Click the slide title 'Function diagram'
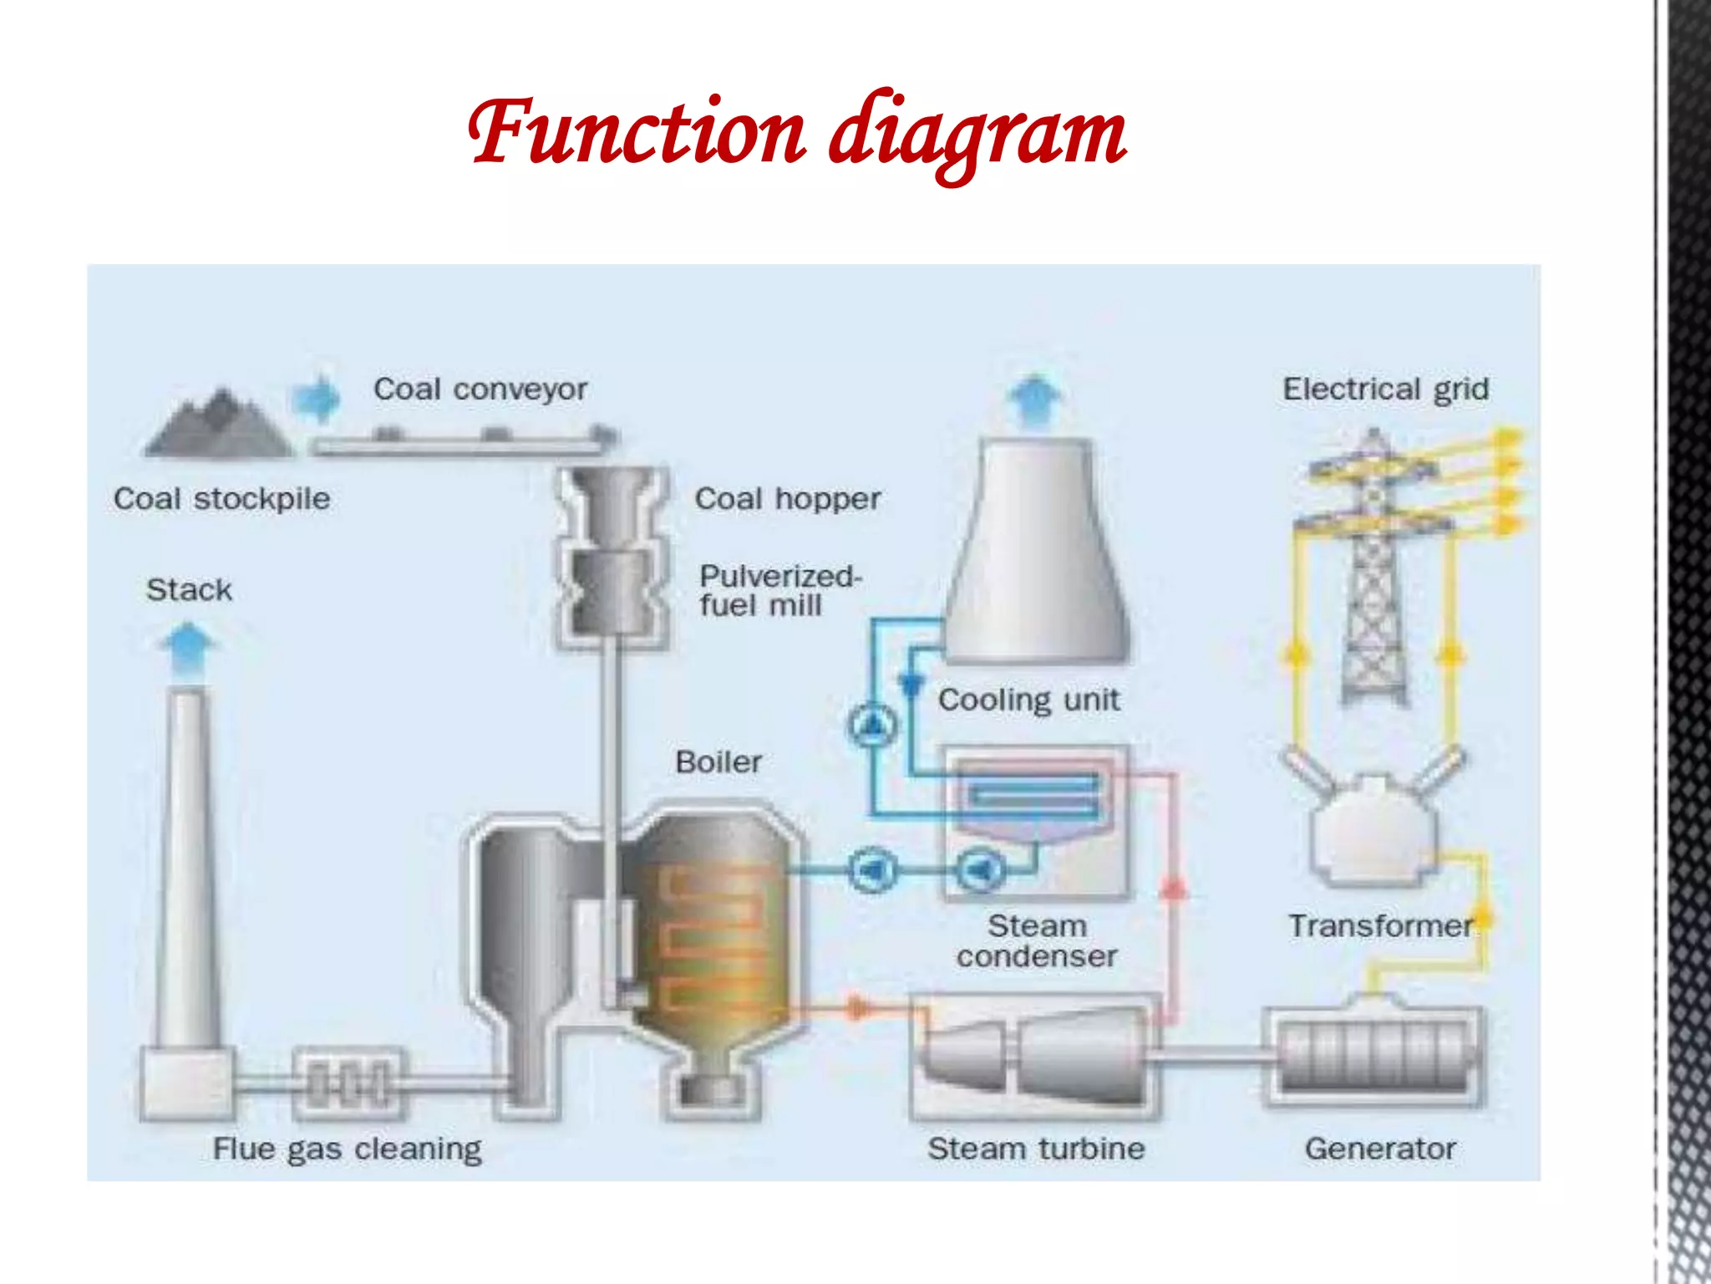tap(798, 134)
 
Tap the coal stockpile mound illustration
tap(219, 426)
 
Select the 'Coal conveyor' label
tap(480, 390)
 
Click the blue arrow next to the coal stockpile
tap(317, 398)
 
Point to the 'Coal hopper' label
tap(788, 499)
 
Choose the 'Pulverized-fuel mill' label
tap(779, 590)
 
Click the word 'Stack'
tap(190, 590)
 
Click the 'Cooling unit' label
tap(1028, 700)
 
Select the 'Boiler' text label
tap(718, 762)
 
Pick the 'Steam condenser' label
tap(1037, 941)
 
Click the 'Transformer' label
tap(1380, 926)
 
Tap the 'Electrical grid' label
tap(1386, 390)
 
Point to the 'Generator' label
tap(1380, 1149)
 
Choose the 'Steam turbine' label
tap(1036, 1149)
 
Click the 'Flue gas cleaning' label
tap(348, 1149)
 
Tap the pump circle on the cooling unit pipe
tap(872, 725)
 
